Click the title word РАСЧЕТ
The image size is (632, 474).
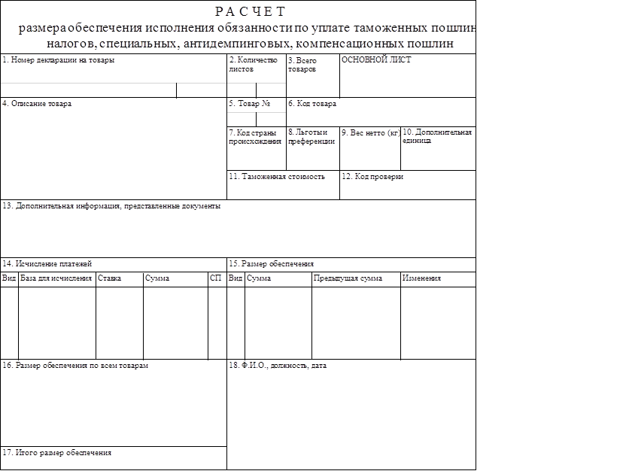251,11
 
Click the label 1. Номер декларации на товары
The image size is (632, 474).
58,60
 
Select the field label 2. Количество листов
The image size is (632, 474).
253,64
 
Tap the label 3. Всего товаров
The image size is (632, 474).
302,64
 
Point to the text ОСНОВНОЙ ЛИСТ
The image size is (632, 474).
376,60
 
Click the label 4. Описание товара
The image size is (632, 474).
37,104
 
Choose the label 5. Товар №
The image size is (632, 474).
249,104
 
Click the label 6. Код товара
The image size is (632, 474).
312,104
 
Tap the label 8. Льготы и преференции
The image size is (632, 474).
311,136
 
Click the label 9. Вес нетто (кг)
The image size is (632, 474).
370,132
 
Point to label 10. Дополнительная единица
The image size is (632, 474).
437,136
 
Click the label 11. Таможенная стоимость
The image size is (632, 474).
277,177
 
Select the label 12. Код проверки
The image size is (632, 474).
372,177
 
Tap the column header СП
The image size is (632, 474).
216,278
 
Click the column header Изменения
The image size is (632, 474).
421,278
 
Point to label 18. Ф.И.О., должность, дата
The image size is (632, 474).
278,366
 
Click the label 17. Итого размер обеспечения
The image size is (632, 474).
57,453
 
